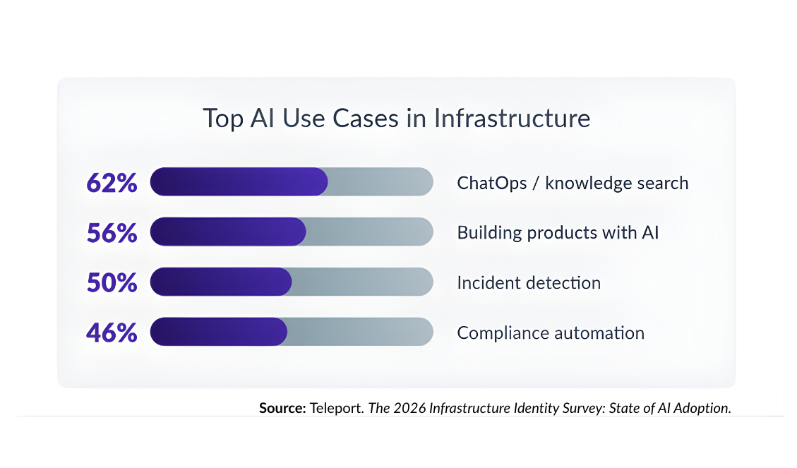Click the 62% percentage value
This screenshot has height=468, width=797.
(112, 183)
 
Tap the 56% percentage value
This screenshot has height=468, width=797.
(112, 232)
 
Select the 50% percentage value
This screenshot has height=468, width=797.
(112, 282)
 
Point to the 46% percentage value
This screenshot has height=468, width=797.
(112, 332)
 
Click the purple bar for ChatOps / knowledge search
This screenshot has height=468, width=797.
(239, 182)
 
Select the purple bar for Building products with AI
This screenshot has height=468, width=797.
(228, 232)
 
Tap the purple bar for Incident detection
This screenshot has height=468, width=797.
(221, 282)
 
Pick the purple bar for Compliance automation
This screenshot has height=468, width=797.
(219, 332)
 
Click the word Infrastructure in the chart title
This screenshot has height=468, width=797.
(512, 118)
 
